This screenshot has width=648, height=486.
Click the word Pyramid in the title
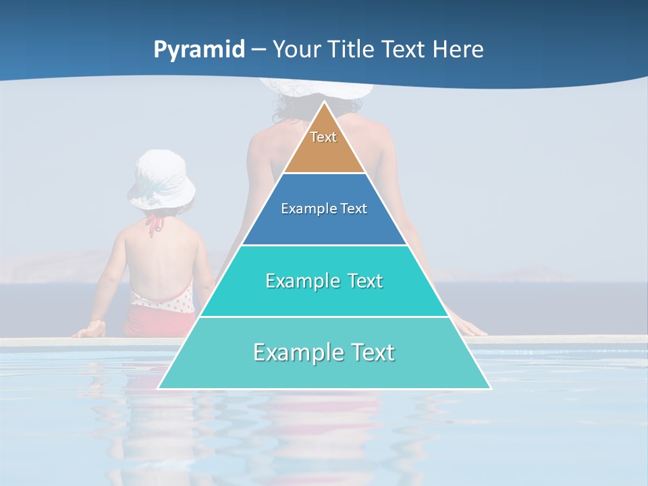[199, 50]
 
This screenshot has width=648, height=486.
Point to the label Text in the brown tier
[323, 137]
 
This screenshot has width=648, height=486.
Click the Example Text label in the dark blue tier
[324, 209]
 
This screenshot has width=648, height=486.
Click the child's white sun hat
[161, 179]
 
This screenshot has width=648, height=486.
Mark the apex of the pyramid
[324, 103]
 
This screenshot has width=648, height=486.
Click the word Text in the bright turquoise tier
[357, 281]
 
